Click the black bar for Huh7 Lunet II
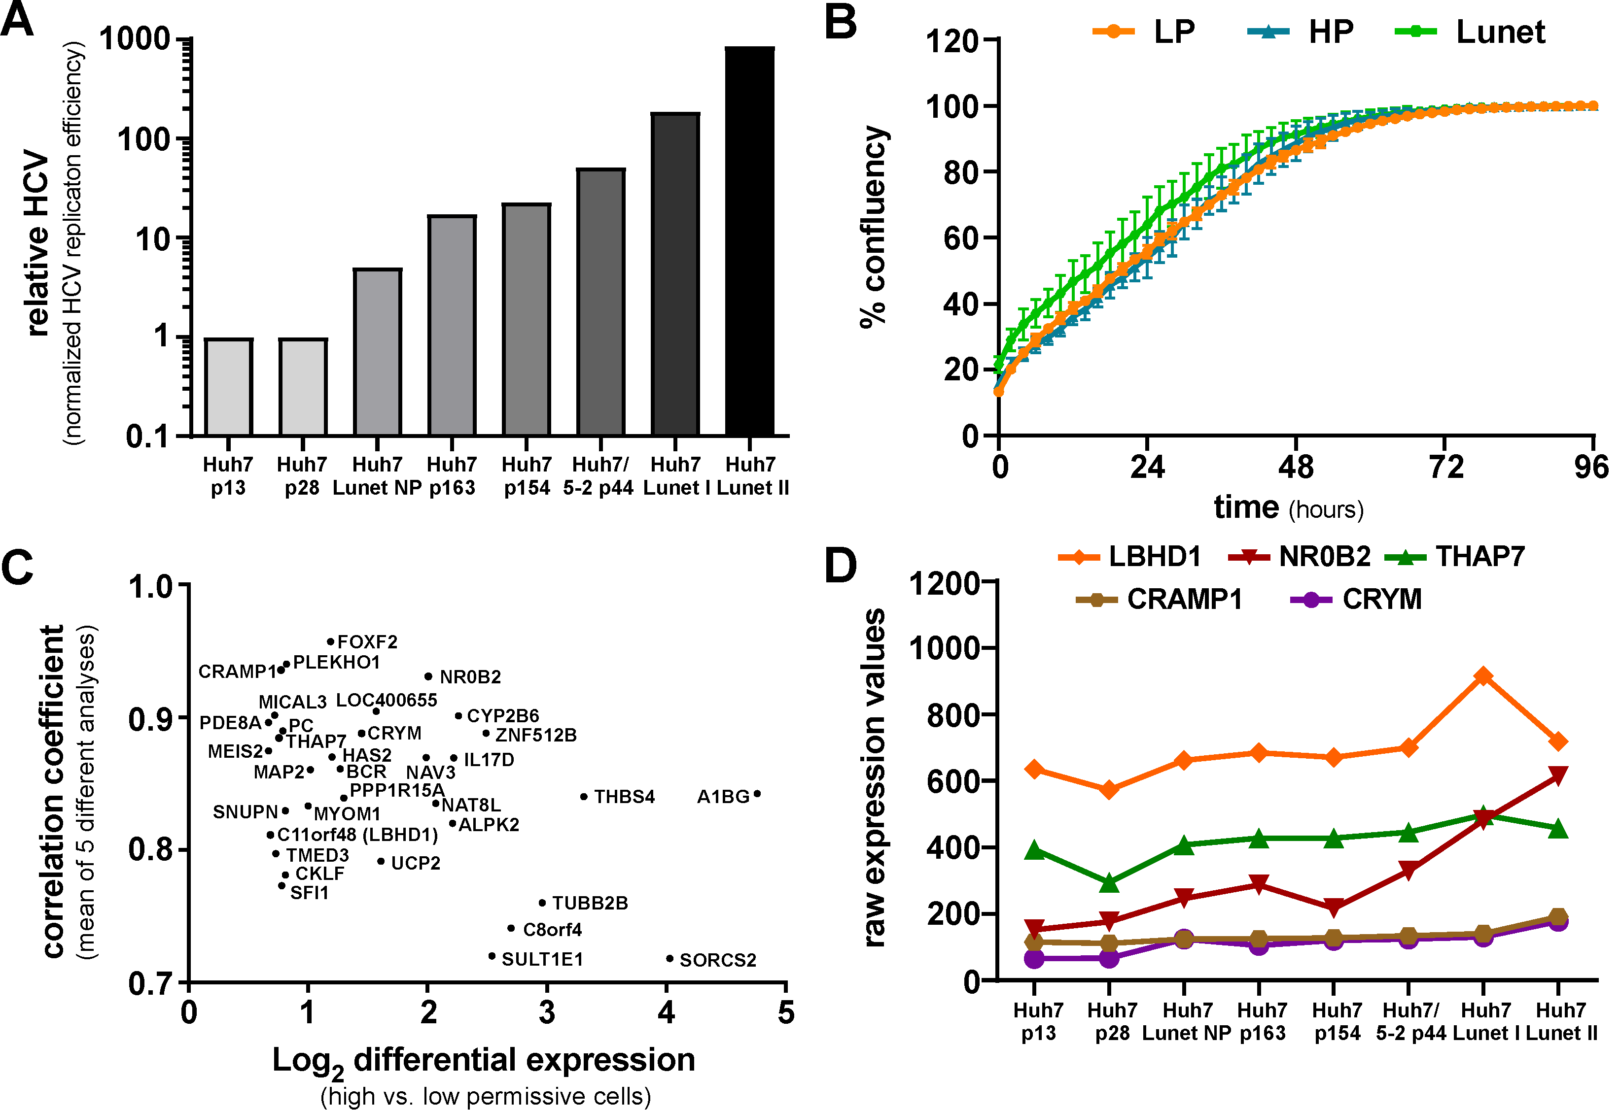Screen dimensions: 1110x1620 pos(749,240)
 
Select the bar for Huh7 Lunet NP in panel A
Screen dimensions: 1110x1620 pos(377,352)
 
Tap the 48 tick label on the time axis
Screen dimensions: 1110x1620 pos(1296,467)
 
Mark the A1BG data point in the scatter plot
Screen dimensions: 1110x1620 pos(757,794)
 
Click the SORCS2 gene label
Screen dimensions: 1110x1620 pos(717,960)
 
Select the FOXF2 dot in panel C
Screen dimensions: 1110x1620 pos(331,641)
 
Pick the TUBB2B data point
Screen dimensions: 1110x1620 pos(542,903)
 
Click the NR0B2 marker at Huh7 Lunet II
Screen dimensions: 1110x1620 pos(1559,775)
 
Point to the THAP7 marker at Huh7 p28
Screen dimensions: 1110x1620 pos(1109,883)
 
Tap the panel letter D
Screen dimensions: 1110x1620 pos(840,565)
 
